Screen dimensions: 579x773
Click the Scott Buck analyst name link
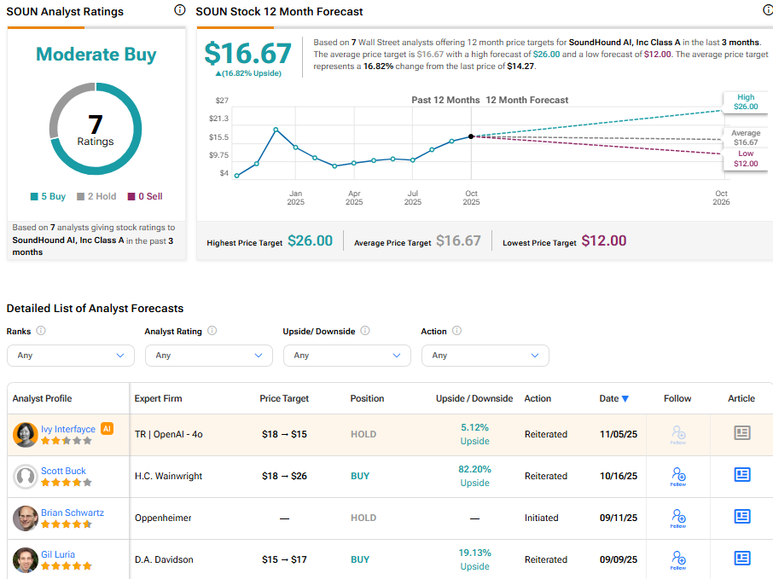63,471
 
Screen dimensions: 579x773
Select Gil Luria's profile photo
26,560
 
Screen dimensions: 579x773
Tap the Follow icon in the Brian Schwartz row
678,518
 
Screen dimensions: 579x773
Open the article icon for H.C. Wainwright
741,475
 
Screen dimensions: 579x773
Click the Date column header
613,398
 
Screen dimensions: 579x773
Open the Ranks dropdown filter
71,356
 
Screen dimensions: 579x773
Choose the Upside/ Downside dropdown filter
347,356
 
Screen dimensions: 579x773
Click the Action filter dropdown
485,356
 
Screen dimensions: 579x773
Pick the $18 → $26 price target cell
284,476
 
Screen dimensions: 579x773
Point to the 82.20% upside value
475,469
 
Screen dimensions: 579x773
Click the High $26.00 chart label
745,102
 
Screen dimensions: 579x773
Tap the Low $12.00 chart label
745,159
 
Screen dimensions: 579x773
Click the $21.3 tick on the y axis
218,119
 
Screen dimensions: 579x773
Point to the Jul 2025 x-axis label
412,198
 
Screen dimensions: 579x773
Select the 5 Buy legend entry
48,196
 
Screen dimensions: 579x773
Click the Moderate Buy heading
96,55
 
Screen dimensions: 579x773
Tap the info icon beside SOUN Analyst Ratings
179,10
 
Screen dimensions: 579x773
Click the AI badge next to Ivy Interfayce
108,429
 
